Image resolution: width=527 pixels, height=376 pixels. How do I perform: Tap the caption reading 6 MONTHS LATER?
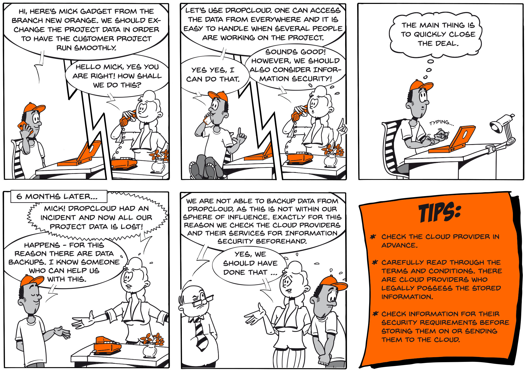(57, 197)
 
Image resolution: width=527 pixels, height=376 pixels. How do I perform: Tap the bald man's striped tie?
(202, 334)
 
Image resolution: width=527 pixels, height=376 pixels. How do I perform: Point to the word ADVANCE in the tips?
(399, 245)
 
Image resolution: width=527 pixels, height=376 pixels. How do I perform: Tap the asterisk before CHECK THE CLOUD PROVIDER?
(373, 237)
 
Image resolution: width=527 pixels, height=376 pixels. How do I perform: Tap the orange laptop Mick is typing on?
(453, 140)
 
